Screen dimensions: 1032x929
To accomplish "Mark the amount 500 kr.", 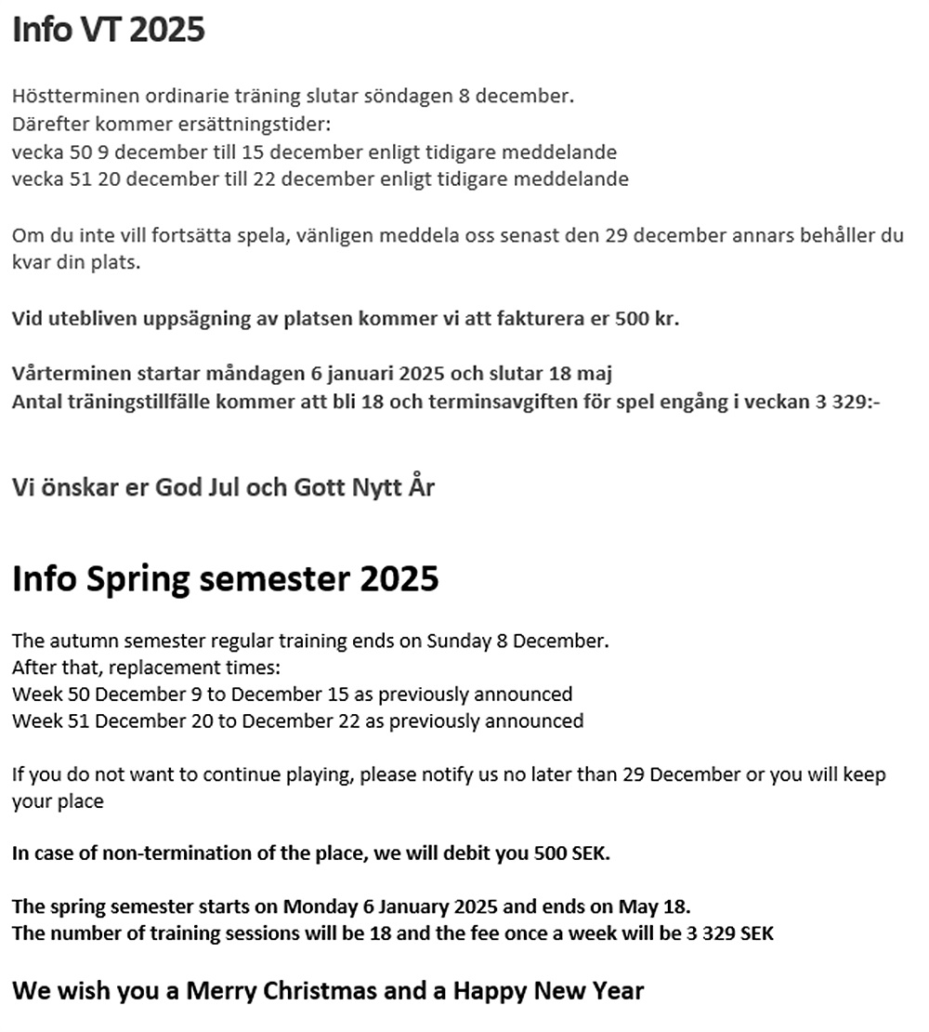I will click(x=647, y=319).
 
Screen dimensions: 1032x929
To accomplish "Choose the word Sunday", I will click(x=456, y=641).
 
